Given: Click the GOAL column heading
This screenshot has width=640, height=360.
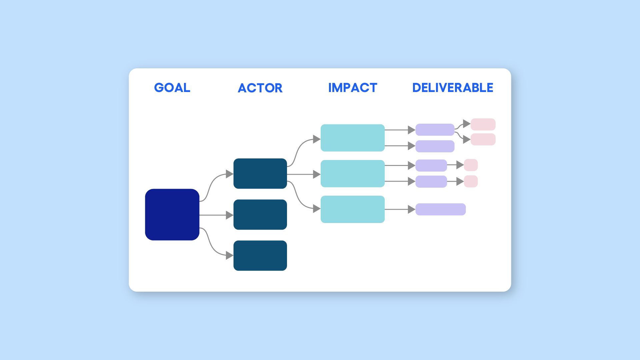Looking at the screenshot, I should tap(172, 88).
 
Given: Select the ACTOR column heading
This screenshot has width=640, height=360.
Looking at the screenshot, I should tap(260, 88).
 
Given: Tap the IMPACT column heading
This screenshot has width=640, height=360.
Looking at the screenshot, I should tap(353, 88).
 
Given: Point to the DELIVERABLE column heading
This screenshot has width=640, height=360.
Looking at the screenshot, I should tap(453, 88).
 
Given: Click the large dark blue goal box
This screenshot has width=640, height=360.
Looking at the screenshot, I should tap(172, 214).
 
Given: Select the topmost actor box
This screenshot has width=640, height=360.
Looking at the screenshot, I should tap(260, 173).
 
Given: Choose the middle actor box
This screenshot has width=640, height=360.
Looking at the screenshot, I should tap(260, 214).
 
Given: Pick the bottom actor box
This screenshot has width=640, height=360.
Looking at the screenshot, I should tap(260, 255).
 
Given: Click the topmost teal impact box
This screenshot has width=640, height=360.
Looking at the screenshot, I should tap(352, 138).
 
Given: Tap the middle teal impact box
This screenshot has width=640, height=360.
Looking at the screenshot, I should tap(352, 173).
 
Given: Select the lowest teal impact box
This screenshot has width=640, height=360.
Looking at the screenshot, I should tap(352, 209).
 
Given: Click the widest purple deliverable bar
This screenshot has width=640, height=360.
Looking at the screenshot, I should tap(440, 209).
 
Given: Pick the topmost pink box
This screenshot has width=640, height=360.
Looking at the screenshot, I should tap(483, 124).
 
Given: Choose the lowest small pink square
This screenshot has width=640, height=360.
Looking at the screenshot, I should tap(471, 181).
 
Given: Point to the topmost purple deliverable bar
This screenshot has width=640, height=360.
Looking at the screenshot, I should tap(435, 130).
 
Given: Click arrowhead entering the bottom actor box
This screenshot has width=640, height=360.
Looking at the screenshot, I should tap(229, 255).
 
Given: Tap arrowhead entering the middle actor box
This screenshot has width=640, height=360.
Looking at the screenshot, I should tap(229, 215).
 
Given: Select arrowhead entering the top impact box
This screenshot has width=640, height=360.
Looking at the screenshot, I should tap(316, 139).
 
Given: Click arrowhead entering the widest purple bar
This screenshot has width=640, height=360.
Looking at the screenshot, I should tap(411, 209).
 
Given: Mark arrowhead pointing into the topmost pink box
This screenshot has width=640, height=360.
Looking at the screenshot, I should tap(467, 124).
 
